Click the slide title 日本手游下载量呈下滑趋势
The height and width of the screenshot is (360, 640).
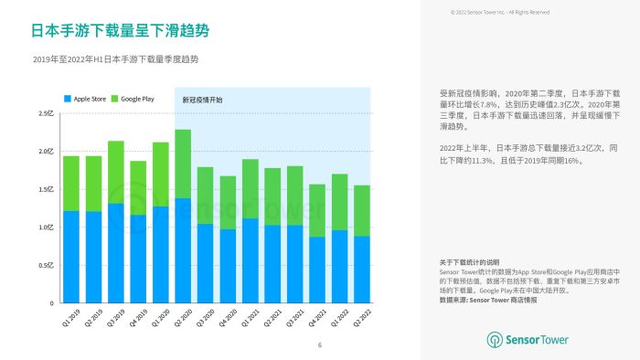click(x=121, y=31)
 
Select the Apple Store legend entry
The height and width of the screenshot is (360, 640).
click(x=85, y=98)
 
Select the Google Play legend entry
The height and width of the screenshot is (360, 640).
click(x=131, y=98)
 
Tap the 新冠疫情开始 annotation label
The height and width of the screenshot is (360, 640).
click(x=202, y=99)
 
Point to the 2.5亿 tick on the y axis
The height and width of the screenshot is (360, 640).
click(x=46, y=113)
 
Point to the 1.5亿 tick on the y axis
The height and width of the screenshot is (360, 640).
click(x=46, y=189)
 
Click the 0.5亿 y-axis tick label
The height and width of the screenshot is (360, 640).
click(x=46, y=265)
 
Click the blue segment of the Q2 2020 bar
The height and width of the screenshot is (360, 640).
click(x=183, y=249)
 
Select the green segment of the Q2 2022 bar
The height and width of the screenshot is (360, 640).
click(x=361, y=210)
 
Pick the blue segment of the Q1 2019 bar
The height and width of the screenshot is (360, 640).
click(x=71, y=257)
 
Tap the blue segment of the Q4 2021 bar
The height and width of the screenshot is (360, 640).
click(x=316, y=270)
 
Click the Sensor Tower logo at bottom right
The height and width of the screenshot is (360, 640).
click(x=527, y=340)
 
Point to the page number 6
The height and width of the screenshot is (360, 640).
click(x=320, y=344)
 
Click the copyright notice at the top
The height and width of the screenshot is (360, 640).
click(x=500, y=12)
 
